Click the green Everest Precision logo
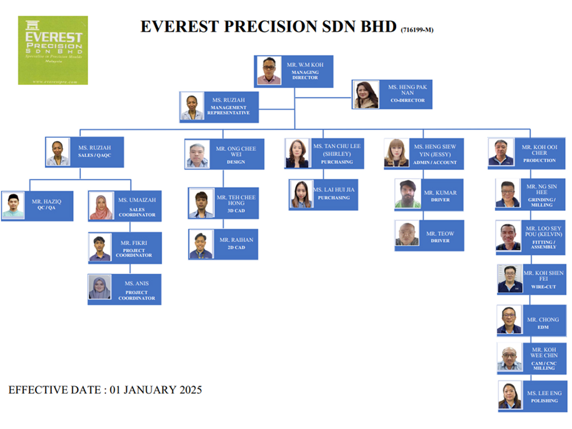click(53, 50)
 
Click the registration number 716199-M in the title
click(417, 30)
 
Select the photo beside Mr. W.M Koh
click(269, 71)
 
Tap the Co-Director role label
click(407, 100)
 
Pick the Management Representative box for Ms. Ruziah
click(219, 107)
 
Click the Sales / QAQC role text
click(94, 155)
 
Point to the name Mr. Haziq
click(47, 201)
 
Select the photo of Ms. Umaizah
click(101, 206)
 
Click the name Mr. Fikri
click(133, 243)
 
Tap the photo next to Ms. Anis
click(100, 287)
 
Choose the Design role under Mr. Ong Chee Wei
click(236, 162)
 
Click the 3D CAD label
click(236, 211)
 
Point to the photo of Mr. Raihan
click(201, 245)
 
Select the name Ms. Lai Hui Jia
click(334, 190)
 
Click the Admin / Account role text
click(435, 163)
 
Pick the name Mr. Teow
click(440, 234)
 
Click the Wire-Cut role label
click(543, 287)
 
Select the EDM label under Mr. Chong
click(543, 327)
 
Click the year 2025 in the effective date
click(191, 390)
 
